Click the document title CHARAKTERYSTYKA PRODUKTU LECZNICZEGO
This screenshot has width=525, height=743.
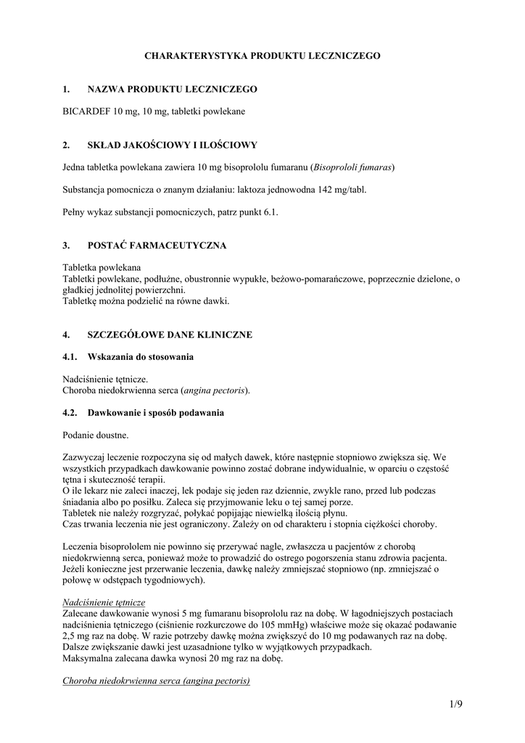(x=262, y=55)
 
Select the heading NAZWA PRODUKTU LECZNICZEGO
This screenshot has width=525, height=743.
(x=172, y=89)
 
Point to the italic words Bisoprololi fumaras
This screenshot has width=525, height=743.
(x=352, y=167)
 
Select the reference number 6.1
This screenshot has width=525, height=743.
(x=270, y=212)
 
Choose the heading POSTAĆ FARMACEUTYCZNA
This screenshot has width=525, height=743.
(x=157, y=246)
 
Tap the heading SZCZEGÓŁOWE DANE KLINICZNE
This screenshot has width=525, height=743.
(x=170, y=335)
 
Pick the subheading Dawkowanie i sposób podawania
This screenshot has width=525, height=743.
(x=155, y=413)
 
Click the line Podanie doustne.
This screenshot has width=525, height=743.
(x=96, y=435)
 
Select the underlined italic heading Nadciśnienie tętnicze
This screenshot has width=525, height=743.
(x=104, y=603)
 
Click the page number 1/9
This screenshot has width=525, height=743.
(x=455, y=705)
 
